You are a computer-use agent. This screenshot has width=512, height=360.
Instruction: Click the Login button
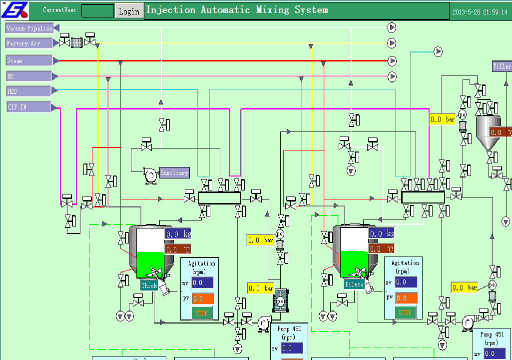point(129,11)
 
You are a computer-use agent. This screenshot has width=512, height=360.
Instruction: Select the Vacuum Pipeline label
point(29,28)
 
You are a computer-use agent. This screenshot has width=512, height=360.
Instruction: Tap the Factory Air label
point(29,43)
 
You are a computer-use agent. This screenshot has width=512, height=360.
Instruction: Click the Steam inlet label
point(29,61)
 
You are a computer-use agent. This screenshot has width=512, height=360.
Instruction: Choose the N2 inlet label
point(29,76)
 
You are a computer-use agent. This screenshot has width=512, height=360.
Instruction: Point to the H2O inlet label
point(29,91)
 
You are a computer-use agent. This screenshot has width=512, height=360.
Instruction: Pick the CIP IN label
point(29,107)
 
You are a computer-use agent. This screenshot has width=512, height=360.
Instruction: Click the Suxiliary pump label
point(174,172)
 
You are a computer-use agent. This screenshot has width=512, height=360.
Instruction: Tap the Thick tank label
point(149,285)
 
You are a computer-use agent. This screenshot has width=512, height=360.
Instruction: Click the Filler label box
point(502,66)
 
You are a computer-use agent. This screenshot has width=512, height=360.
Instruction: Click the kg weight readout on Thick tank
point(178,233)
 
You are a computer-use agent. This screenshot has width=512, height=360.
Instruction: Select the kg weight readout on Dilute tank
point(382,233)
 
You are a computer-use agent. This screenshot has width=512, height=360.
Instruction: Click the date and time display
point(480,11)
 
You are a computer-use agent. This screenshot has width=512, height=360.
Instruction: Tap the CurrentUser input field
point(97,10)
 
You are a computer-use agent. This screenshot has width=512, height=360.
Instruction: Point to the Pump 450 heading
point(290,329)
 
